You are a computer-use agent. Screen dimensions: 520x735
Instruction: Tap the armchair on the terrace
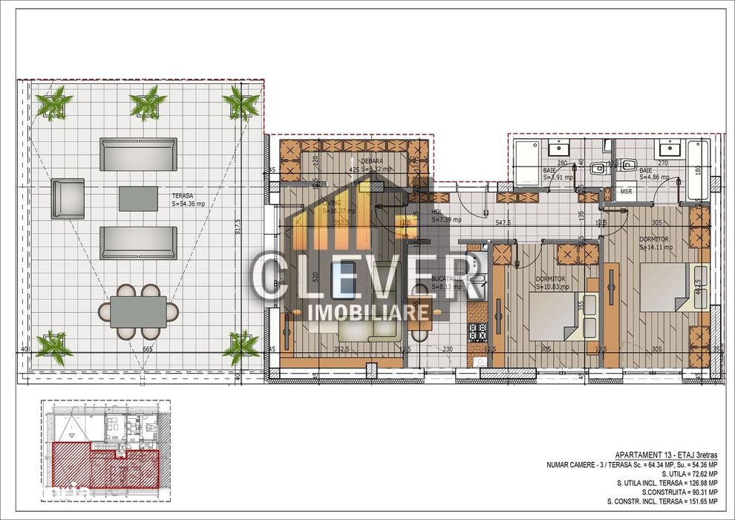coord(67,198)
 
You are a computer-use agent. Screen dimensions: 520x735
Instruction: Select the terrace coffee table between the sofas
coord(138,198)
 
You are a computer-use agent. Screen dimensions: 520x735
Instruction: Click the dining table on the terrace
coord(139,312)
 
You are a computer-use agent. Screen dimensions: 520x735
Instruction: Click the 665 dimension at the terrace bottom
coord(147,349)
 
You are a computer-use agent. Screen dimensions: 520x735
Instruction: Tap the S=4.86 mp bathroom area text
coord(654,178)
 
